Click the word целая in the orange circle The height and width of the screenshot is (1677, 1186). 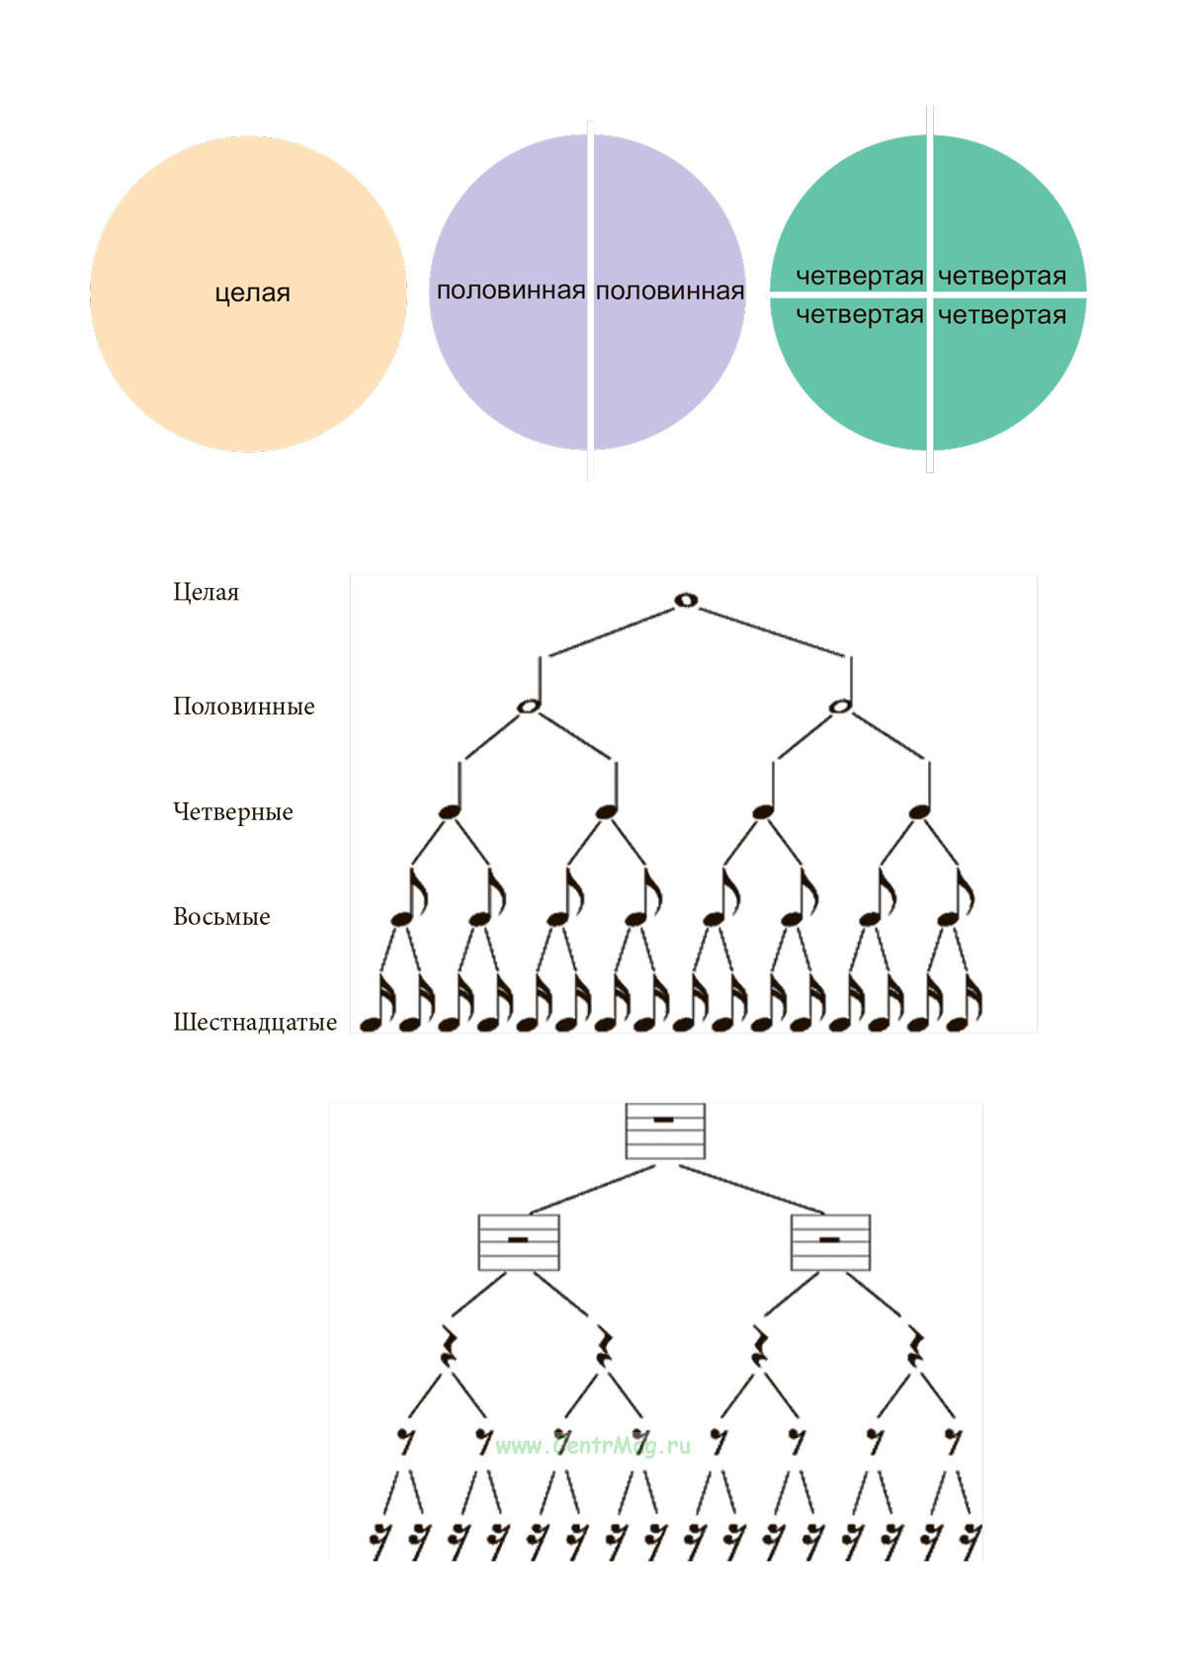[x=252, y=293]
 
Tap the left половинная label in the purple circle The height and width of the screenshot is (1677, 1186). [x=510, y=291]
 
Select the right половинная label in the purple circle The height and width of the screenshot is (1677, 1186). [x=670, y=291]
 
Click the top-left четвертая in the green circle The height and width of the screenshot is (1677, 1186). [x=859, y=276]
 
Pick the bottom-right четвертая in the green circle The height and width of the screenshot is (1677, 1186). [x=1001, y=315]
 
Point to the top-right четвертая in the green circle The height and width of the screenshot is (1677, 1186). [x=1001, y=276]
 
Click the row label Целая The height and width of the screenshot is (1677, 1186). [x=206, y=592]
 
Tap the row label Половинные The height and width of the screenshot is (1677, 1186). [x=243, y=706]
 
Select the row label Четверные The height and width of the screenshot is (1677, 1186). [x=232, y=811]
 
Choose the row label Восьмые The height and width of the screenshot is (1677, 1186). [x=221, y=916]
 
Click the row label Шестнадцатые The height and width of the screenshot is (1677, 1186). [x=254, y=1022]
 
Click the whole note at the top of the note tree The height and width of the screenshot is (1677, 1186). [x=685, y=600]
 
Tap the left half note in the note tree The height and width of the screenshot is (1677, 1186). [x=529, y=706]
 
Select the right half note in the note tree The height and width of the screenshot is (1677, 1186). [x=840, y=706]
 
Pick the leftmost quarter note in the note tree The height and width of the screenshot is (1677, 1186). [x=450, y=811]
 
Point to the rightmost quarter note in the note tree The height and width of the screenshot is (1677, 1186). [x=919, y=811]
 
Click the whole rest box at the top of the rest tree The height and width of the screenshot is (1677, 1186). [x=665, y=1131]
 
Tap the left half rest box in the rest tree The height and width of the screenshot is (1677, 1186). [x=518, y=1242]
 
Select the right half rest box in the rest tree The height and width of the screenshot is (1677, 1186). [x=830, y=1242]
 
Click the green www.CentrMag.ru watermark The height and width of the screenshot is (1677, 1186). [x=592, y=1446]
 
